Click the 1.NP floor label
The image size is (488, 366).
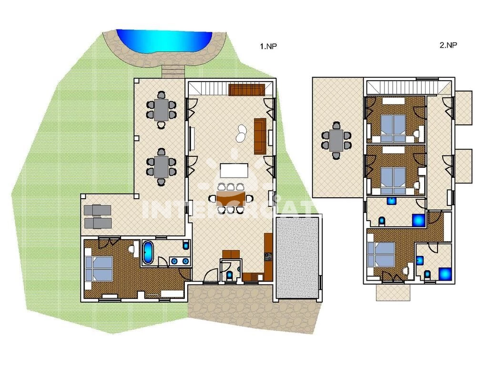tap(268, 46)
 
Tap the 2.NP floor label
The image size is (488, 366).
tap(448, 45)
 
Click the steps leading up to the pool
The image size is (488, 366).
tap(173, 71)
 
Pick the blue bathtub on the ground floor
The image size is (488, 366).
tap(148, 253)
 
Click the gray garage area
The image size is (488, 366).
tap(297, 258)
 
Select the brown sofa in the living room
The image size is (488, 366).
tap(260, 136)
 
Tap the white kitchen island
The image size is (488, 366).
tap(234, 171)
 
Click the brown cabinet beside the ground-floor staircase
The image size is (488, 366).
tap(246, 89)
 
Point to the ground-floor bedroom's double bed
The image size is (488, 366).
tap(99, 268)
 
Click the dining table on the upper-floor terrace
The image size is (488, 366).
tap(337, 140)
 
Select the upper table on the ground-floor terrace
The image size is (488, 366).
tap(162, 110)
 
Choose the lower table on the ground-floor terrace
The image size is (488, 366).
tap(162, 167)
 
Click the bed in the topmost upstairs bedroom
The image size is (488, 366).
tap(393, 126)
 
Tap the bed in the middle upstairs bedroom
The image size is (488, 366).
tap(393, 178)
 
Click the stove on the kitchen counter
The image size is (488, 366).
tap(268, 258)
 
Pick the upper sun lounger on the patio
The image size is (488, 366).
tap(97, 210)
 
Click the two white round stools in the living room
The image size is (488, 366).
tap(241, 133)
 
